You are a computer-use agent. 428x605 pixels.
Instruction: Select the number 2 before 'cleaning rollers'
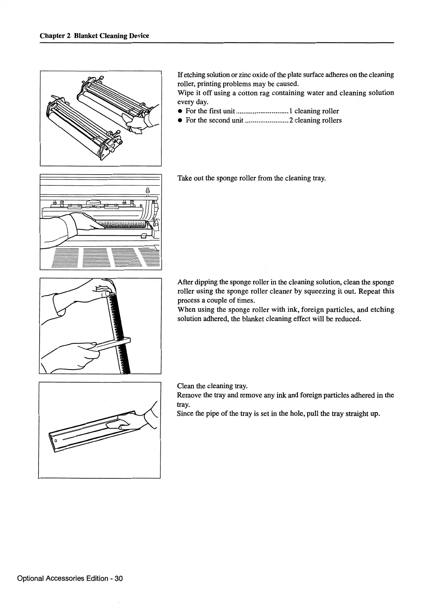tap(291, 120)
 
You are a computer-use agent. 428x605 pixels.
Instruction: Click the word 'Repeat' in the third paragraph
tap(370, 291)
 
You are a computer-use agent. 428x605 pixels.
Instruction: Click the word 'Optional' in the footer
tap(30, 578)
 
